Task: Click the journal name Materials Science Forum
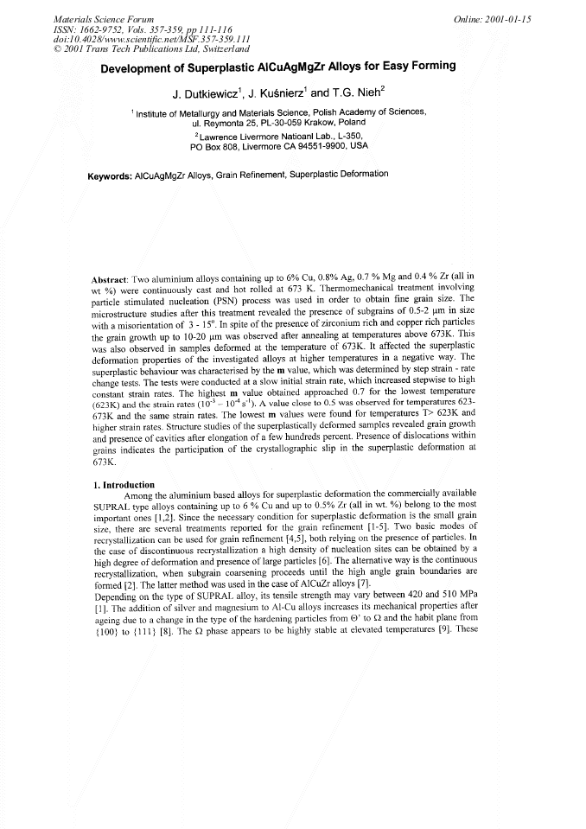coord(104,19)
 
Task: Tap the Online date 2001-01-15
coord(493,18)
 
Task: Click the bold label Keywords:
coord(110,175)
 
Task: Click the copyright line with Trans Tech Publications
coord(151,48)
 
